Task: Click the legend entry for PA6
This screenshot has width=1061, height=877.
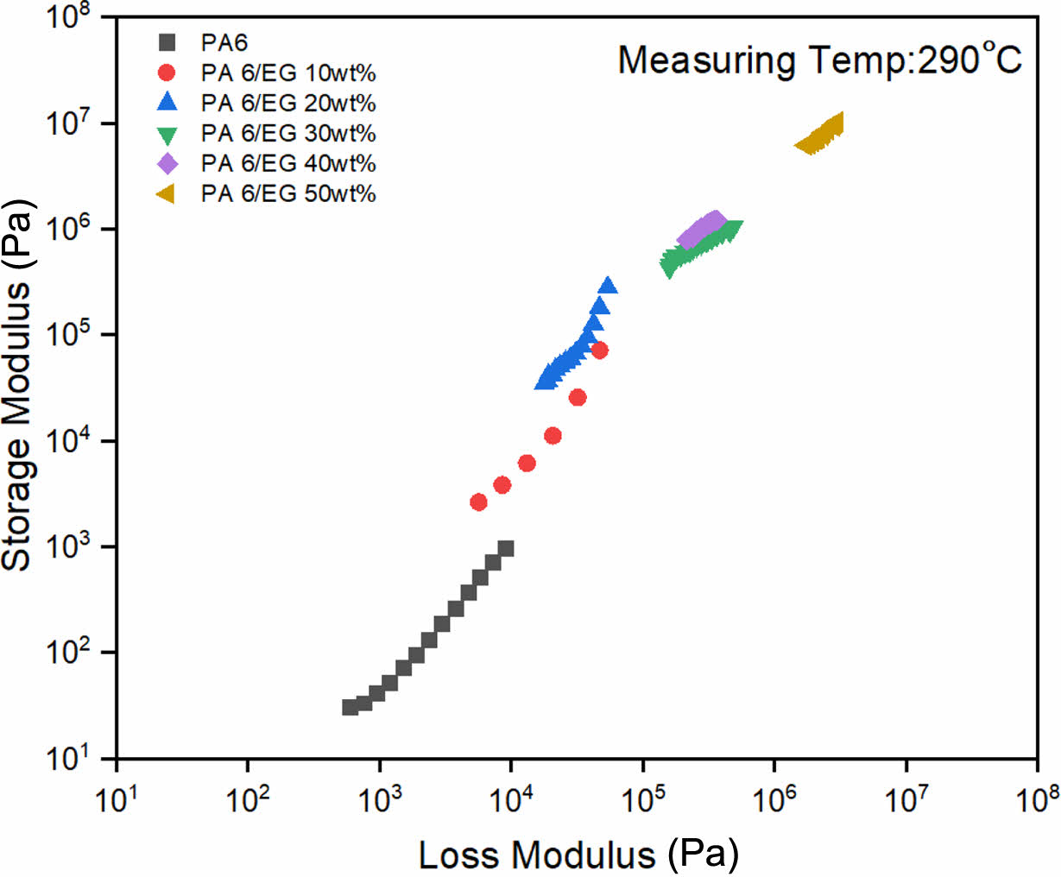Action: (224, 42)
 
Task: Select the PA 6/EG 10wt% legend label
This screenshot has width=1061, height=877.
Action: (288, 73)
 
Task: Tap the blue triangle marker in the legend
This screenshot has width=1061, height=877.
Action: (167, 102)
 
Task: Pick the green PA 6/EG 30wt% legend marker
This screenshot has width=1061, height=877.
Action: (167, 134)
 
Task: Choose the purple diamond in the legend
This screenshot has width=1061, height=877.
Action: (167, 163)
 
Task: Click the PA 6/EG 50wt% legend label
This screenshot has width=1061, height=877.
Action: (288, 193)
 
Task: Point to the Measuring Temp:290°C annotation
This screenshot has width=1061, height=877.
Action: (819, 60)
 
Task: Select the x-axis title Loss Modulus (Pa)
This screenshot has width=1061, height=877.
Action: (578, 855)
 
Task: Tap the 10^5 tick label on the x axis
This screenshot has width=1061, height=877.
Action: (641, 798)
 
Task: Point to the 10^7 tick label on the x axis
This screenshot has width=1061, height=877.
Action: (905, 798)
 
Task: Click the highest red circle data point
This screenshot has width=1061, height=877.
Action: (599, 350)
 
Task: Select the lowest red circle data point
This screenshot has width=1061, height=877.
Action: (478, 502)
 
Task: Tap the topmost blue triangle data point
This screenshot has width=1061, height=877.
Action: (608, 286)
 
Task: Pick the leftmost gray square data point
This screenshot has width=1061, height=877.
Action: (350, 707)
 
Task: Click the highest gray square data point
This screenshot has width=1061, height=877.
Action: (507, 548)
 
